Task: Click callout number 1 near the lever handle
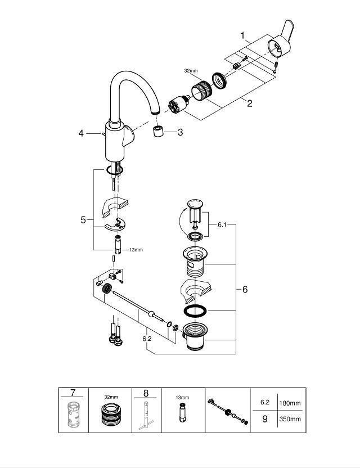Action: [x=242, y=35]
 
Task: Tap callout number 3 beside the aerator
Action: [x=180, y=132]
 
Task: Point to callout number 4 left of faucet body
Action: [x=81, y=133]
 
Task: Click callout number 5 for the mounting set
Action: [x=83, y=220]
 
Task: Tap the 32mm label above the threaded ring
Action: [x=191, y=71]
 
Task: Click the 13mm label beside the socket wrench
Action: [x=137, y=250]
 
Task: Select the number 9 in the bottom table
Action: [x=264, y=419]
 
